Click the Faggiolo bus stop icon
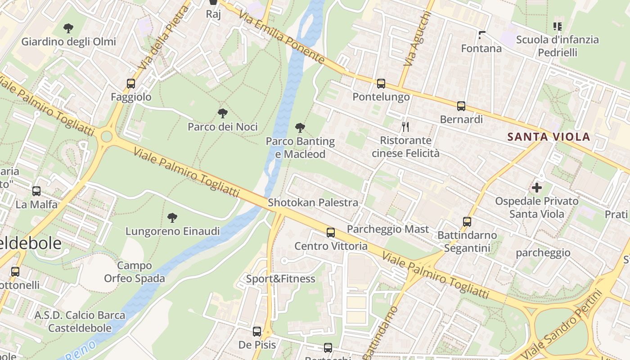131,84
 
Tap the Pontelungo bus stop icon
381,84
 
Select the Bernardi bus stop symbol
461,106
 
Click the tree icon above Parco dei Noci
222,113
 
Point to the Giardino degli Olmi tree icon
68,28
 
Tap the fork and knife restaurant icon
405,127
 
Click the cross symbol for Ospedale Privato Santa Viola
536,187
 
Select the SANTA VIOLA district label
549,137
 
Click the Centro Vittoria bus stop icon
331,233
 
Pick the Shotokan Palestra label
313,202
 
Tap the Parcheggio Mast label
388,229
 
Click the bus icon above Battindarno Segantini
467,222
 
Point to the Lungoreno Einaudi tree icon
172,218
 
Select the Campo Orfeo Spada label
135,272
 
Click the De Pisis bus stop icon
257,332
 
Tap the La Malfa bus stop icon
36,191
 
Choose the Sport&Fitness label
280,279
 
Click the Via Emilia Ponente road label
282,37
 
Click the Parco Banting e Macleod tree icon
300,128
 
